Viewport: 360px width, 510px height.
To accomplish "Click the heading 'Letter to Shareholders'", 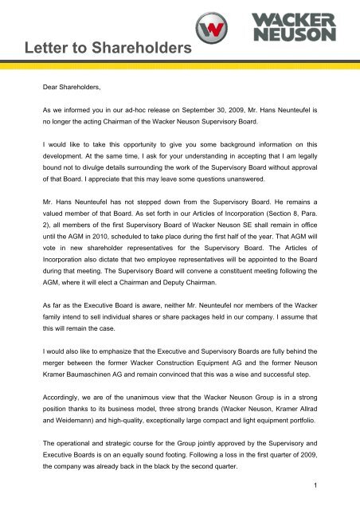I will pyautogui.click(x=100, y=50).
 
